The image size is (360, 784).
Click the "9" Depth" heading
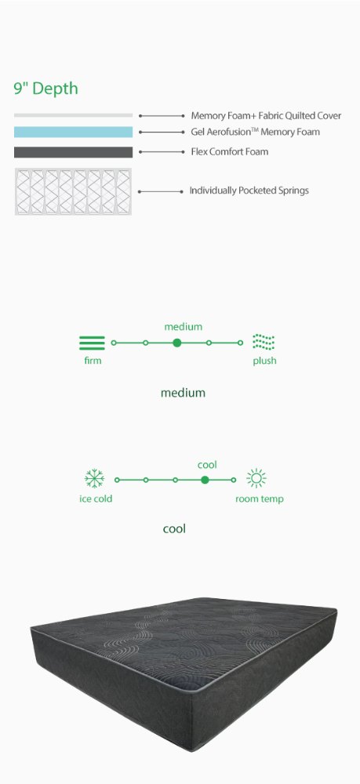(45, 89)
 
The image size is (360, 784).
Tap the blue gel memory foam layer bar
(74, 132)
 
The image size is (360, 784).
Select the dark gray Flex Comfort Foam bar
(74, 152)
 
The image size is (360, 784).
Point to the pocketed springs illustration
(74, 192)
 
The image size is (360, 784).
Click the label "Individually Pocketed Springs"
(249, 191)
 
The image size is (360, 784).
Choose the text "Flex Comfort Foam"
(230, 151)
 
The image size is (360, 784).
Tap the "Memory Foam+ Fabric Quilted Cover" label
(266, 115)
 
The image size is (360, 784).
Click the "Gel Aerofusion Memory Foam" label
(256, 132)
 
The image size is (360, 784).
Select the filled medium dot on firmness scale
(177, 343)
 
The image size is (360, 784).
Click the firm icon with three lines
(92, 343)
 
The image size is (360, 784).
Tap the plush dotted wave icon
(264, 343)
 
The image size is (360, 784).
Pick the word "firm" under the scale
(93, 361)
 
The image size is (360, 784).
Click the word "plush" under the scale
(264, 361)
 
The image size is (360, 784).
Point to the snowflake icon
(94, 478)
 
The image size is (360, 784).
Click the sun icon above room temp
(256, 478)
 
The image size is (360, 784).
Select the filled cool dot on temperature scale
(205, 480)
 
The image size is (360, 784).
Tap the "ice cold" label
(96, 499)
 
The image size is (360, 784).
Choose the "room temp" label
(260, 499)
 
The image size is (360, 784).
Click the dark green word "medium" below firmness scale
(183, 393)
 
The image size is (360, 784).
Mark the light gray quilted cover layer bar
(74, 115)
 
